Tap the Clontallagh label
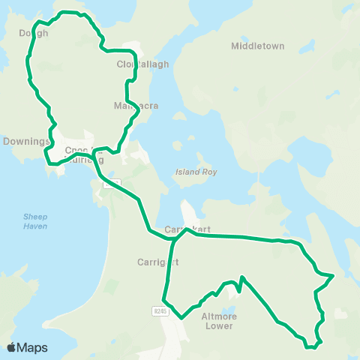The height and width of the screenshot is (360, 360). click(x=142, y=64)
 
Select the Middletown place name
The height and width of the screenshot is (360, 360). click(x=257, y=46)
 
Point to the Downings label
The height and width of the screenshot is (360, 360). click(x=25, y=141)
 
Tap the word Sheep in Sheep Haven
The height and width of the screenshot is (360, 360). click(x=34, y=217)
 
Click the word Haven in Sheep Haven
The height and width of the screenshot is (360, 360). click(x=34, y=226)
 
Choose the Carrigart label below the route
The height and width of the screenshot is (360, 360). click(x=156, y=262)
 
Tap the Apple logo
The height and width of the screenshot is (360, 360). click(x=11, y=347)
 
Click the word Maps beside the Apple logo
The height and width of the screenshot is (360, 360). click(x=32, y=347)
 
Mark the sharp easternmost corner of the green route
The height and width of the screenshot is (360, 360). click(x=332, y=276)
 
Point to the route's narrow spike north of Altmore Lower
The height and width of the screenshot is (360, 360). click(x=241, y=278)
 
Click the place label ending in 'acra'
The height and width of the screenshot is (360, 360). click(x=136, y=106)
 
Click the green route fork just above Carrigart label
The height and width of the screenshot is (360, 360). click(x=174, y=241)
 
